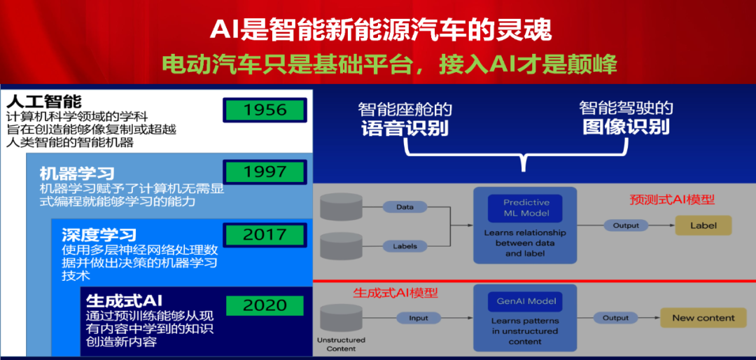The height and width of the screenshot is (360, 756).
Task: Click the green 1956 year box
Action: [265, 110]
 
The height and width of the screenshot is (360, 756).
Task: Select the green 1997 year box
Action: [265, 172]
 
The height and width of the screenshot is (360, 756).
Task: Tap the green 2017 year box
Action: [265, 235]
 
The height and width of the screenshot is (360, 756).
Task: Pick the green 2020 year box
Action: [265, 305]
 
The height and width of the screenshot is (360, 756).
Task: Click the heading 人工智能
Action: [44, 102]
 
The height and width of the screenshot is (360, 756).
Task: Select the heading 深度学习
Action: [99, 235]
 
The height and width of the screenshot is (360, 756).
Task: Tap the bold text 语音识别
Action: [405, 128]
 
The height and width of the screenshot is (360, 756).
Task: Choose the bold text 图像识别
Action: [626, 127]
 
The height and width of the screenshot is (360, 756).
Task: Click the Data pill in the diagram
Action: [405, 207]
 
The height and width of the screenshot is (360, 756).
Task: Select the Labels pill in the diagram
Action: [405, 246]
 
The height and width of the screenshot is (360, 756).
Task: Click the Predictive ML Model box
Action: [525, 208]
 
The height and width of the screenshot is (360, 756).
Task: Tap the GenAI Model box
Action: [525, 302]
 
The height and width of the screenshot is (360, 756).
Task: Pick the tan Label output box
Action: [703, 226]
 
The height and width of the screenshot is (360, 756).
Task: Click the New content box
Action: [703, 318]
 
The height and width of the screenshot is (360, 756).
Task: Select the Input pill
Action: [419, 318]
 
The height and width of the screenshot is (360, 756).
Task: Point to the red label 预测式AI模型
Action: [672, 200]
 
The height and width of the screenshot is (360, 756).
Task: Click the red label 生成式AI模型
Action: [395, 293]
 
